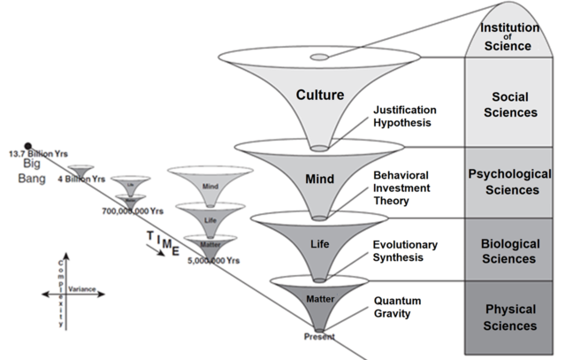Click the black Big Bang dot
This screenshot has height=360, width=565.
tap(28, 146)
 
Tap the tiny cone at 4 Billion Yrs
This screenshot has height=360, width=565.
tap(82, 172)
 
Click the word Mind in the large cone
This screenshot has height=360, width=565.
tap(319, 178)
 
